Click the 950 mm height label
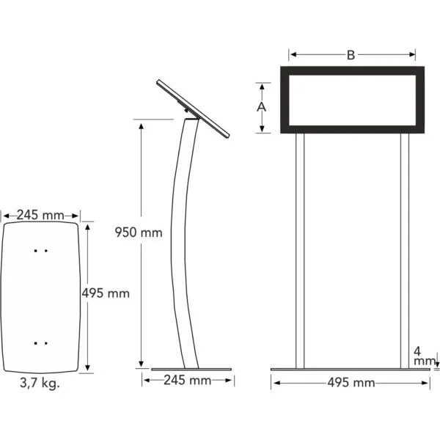tap(138, 233)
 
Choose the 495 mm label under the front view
tap(351, 383)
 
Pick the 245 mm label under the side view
tap(187, 381)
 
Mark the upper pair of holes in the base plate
tap(40, 251)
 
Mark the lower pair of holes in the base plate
tap(40, 342)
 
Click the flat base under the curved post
tap(191, 369)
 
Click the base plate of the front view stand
tap(351, 369)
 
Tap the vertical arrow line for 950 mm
tap(140, 308)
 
